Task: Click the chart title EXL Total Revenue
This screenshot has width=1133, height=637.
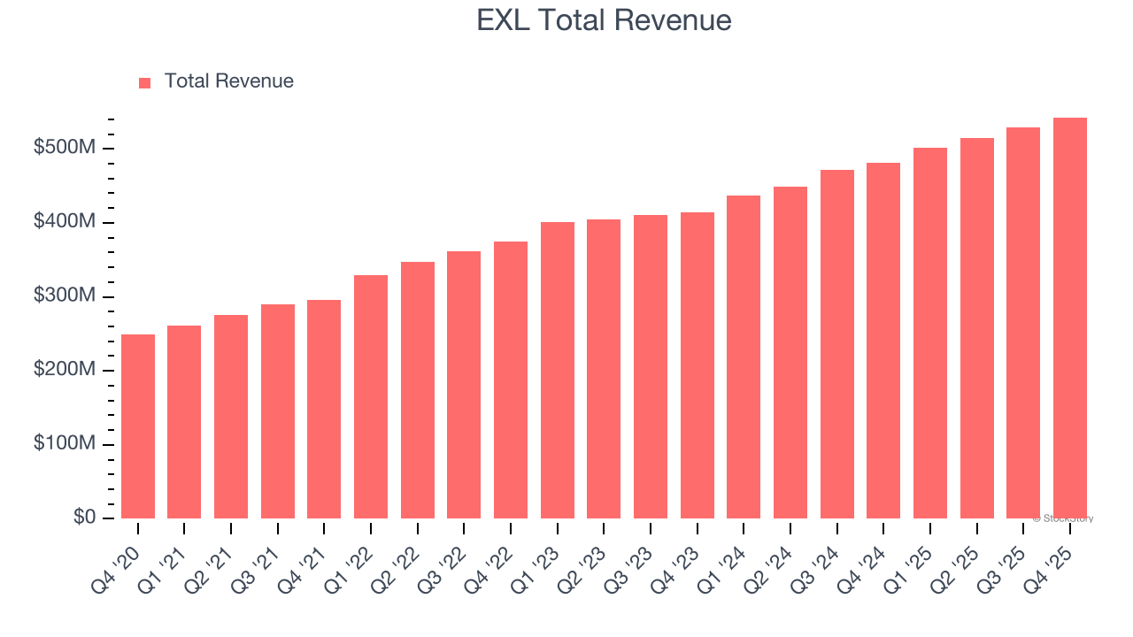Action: click(x=604, y=20)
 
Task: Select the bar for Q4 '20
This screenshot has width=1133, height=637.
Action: click(x=138, y=426)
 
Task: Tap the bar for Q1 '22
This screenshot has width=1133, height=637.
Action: click(x=371, y=396)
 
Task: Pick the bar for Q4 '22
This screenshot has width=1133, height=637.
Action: click(x=511, y=380)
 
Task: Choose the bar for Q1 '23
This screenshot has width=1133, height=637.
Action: click(x=558, y=370)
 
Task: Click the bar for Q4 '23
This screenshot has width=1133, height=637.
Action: click(x=698, y=365)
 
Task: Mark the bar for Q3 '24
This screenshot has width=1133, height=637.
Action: click(x=837, y=344)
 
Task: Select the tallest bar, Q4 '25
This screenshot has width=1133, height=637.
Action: click(x=1070, y=318)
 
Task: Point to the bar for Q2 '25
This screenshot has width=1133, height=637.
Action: click(x=977, y=328)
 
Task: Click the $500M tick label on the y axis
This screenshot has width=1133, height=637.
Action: click(x=63, y=148)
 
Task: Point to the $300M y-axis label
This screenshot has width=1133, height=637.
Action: click(x=63, y=296)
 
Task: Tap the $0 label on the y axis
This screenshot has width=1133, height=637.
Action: click(x=84, y=518)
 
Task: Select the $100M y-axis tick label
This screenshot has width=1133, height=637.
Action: click(x=63, y=444)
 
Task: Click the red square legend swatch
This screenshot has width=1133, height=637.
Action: click(x=145, y=82)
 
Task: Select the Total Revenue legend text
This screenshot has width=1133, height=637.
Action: click(x=228, y=81)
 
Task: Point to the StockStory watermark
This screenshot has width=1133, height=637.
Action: click(x=1063, y=518)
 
